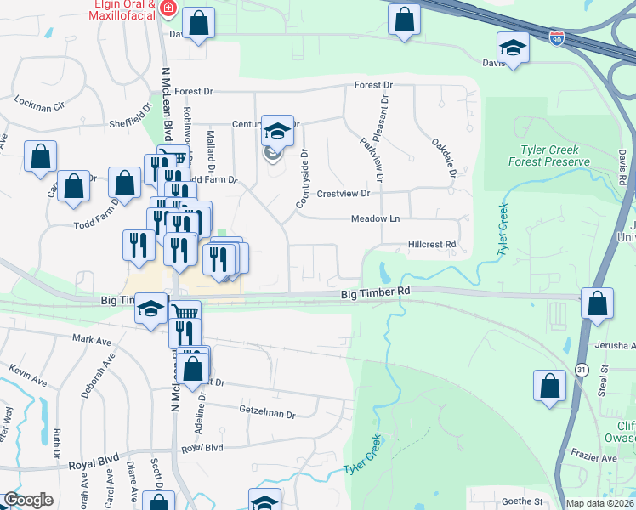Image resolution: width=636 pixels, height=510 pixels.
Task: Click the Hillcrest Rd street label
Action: [433, 244]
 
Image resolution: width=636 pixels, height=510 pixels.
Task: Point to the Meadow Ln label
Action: [376, 218]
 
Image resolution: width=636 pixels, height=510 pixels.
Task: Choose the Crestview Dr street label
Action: [344, 193]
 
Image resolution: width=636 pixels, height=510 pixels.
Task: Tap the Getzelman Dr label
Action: [267, 414]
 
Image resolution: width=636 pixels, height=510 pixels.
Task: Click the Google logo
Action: [28, 500]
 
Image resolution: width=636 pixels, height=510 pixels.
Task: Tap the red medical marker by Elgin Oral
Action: [168, 9]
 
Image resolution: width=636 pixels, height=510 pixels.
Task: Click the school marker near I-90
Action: [514, 48]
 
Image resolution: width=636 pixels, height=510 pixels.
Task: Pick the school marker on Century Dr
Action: [277, 131]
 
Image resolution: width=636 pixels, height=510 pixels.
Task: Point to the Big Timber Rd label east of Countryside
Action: [376, 292]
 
